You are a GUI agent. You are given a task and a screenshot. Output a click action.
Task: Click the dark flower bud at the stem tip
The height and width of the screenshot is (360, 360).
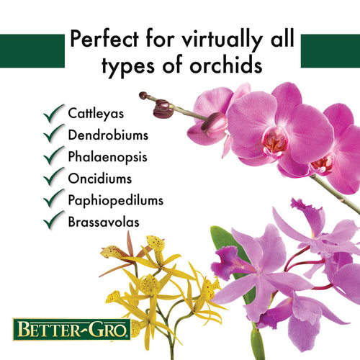pyautogui.click(x=163, y=109)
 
